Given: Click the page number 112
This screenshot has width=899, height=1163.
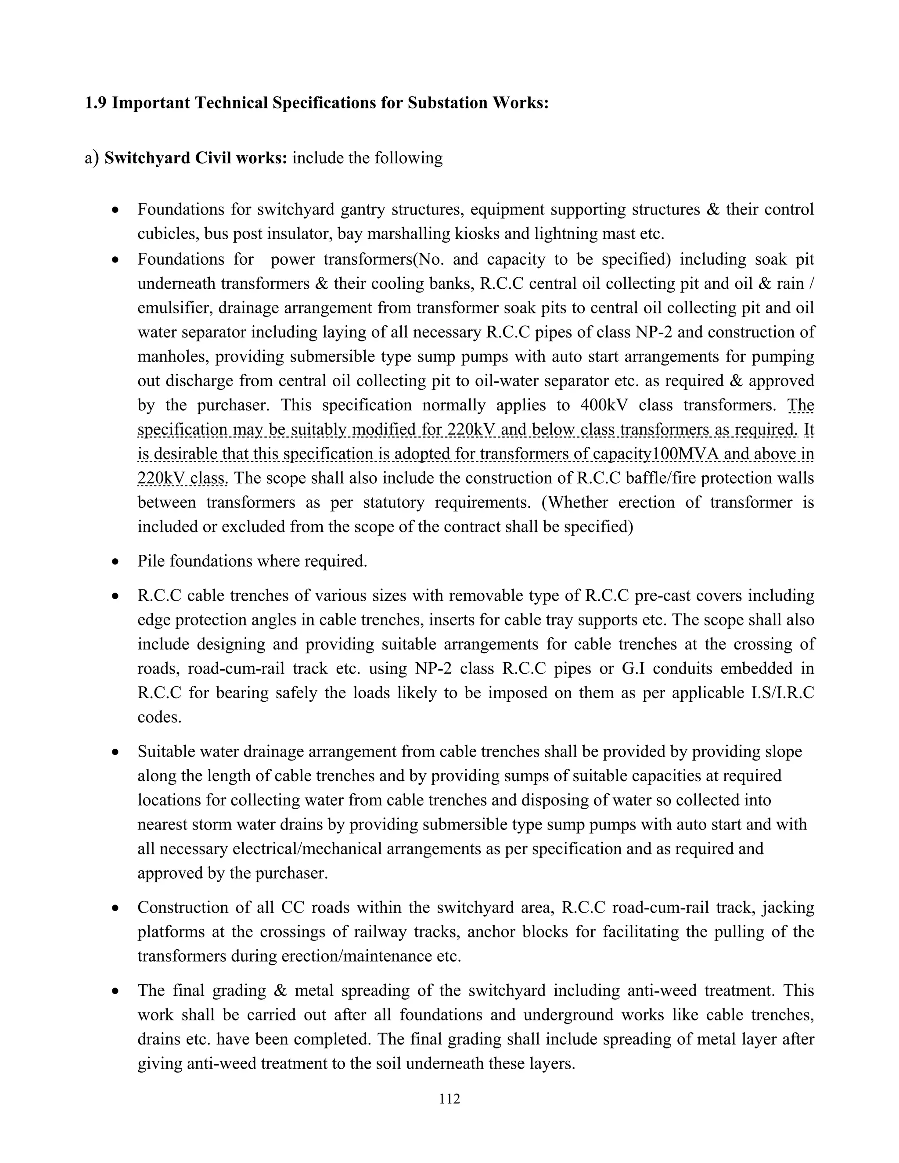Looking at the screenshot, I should pos(449,1098).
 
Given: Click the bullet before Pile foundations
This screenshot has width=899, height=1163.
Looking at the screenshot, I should pos(115,562).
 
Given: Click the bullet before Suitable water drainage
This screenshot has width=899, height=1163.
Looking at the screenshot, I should pos(115,752).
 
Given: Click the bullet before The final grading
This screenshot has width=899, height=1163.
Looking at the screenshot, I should pos(115,991).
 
